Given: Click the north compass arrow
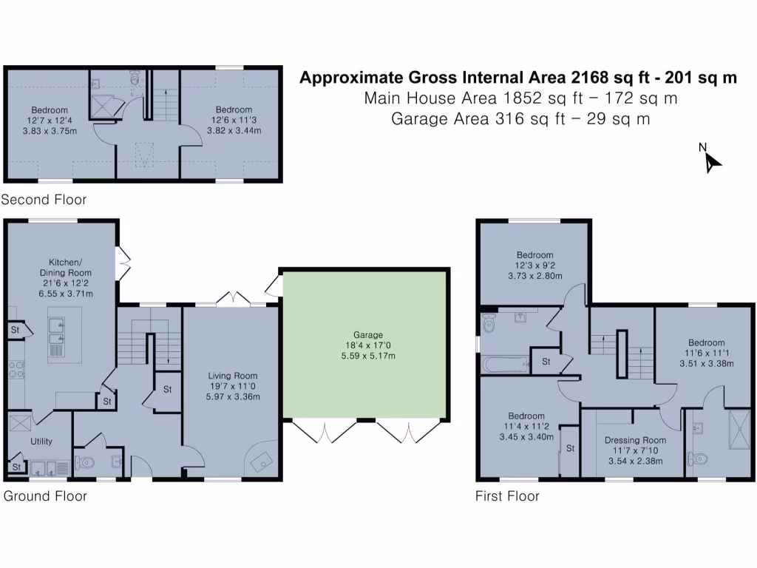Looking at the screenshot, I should point(711,161).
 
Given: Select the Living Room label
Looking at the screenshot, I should point(232,376).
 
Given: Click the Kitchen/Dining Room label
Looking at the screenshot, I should point(65,267).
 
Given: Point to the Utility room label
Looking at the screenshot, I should point(41,441).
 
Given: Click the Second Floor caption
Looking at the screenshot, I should point(44,200).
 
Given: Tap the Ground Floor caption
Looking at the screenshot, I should point(45,496).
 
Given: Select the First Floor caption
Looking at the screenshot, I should point(507,496).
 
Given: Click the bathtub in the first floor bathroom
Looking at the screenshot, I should point(504,364).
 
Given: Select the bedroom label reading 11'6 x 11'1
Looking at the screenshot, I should point(706,342).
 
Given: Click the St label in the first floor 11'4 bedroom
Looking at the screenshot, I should point(570,448).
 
